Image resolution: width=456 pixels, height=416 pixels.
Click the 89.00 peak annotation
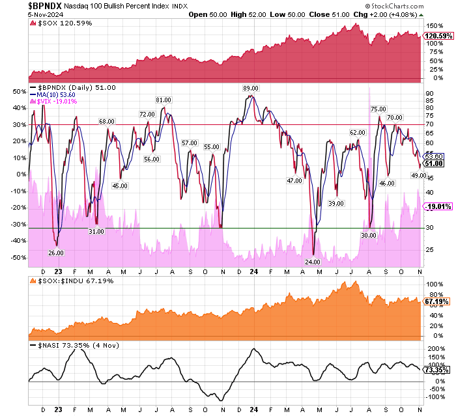click(x=251, y=88)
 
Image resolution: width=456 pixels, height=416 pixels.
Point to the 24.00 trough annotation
click(x=312, y=262)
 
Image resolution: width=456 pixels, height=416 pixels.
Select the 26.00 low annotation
click(x=56, y=253)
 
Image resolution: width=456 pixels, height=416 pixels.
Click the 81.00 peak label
click(x=163, y=100)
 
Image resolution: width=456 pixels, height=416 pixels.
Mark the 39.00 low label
click(x=336, y=204)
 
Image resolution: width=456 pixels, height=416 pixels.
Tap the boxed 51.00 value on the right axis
click(x=434, y=163)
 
